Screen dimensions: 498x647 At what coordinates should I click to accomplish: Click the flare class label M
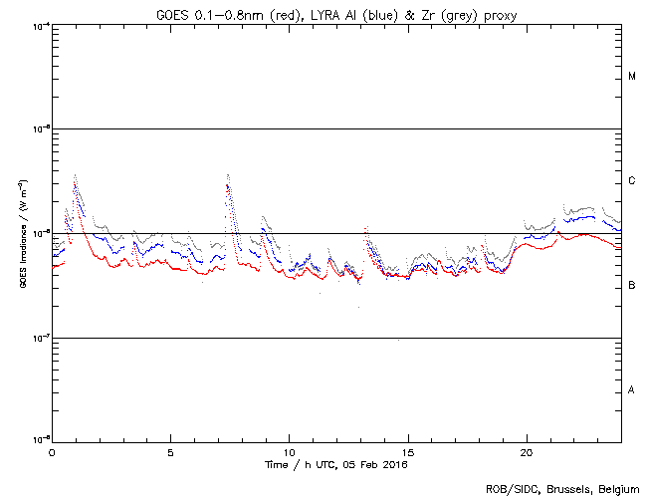click(632, 77)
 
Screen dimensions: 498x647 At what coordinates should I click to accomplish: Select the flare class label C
click(632, 181)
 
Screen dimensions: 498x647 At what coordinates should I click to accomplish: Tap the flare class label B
click(632, 286)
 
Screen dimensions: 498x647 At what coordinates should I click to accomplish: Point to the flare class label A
click(632, 389)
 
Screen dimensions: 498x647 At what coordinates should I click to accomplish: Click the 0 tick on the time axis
click(52, 451)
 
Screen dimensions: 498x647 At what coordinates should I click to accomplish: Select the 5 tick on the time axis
click(170, 451)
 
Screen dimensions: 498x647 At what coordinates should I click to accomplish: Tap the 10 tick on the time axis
click(289, 451)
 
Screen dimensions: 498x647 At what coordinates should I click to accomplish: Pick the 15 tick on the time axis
click(407, 451)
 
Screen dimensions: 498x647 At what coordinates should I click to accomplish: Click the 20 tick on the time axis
click(526, 451)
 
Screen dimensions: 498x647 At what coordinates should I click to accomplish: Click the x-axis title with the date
click(335, 464)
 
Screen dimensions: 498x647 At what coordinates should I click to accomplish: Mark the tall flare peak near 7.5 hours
click(228, 175)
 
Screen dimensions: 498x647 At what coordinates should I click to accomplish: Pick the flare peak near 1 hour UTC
click(76, 175)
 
